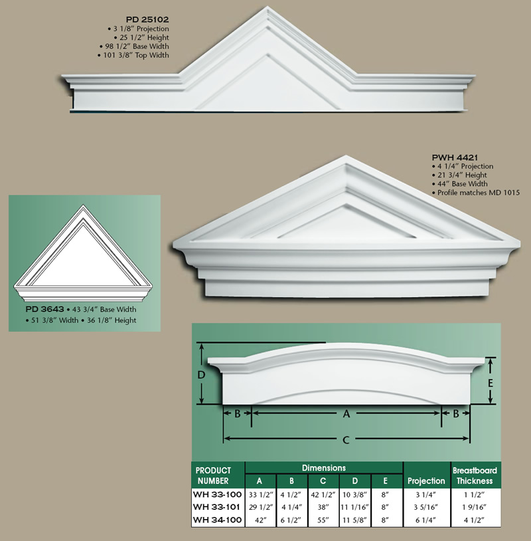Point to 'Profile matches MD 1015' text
point(479,192)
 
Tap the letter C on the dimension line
point(346,439)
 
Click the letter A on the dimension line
point(346,413)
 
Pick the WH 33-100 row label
point(217,494)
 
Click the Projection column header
point(426,481)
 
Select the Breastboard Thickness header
point(475,475)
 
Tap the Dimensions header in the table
point(324,468)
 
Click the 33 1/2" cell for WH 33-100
point(260,494)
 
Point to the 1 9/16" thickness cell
point(475,506)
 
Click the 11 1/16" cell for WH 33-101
point(355,506)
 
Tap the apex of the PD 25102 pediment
point(267,9)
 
